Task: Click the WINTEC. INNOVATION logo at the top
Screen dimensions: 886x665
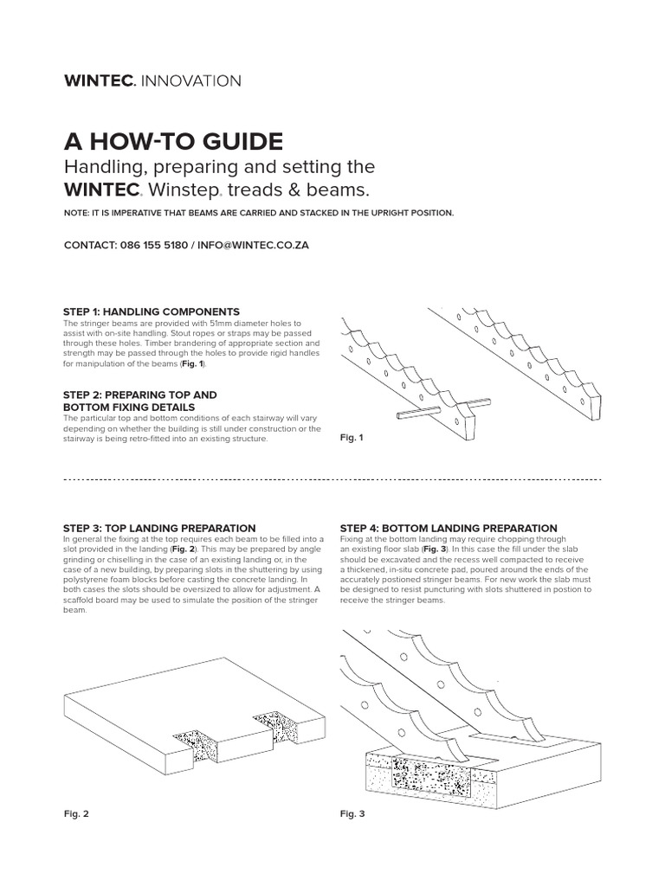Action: click(153, 81)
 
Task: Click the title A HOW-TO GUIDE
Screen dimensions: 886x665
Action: click(173, 142)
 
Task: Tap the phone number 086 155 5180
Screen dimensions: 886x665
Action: click(151, 245)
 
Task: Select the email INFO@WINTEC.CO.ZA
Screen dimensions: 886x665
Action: click(254, 245)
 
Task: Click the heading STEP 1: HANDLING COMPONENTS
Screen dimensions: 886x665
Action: click(152, 311)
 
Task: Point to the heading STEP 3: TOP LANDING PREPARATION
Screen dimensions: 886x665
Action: click(159, 528)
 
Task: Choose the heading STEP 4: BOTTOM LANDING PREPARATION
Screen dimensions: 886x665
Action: click(449, 528)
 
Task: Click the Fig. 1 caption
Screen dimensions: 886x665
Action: click(351, 438)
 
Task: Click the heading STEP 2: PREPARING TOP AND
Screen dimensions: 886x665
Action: click(139, 395)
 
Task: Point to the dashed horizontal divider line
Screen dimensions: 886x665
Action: click(332, 478)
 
